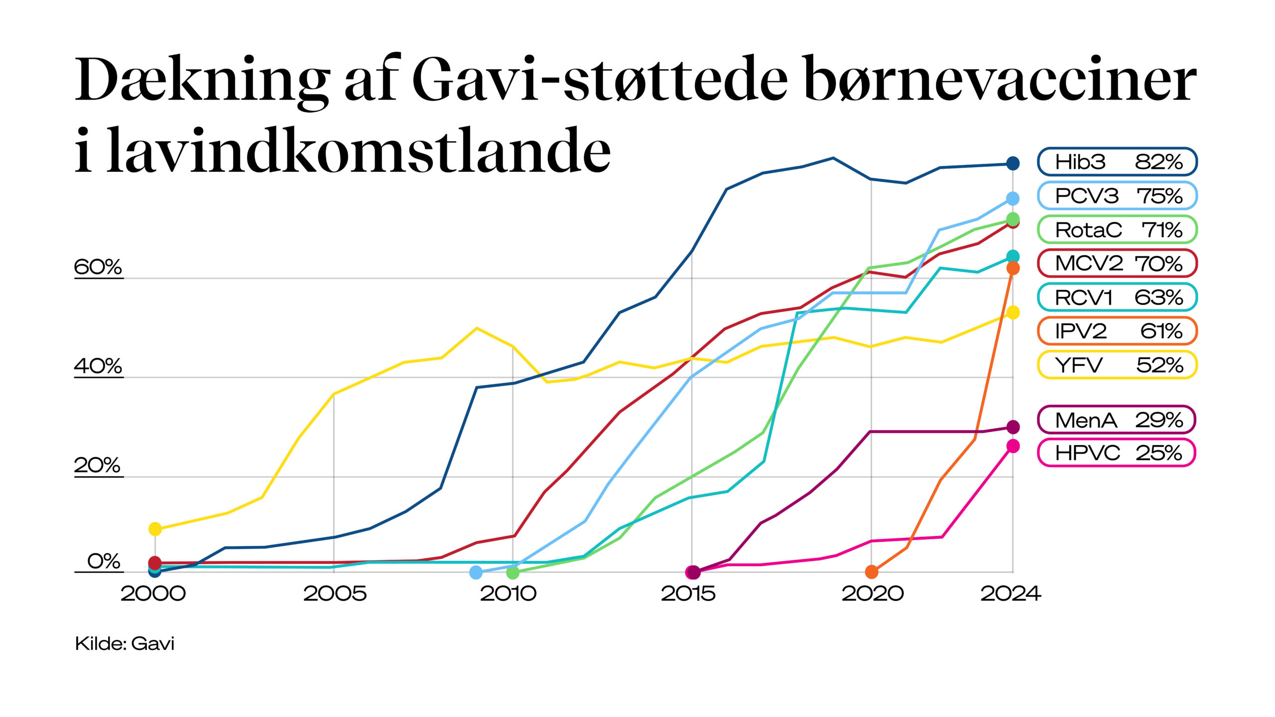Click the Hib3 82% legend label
pos(1117,162)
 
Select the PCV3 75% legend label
pos(1117,196)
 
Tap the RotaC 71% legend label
pos(1117,230)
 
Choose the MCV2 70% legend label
pos(1117,263)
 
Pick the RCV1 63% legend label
pos(1117,297)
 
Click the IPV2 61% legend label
pos(1117,331)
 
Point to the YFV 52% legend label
pos(1117,365)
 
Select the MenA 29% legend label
pos(1116,420)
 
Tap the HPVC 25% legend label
pos(1116,453)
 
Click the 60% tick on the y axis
pos(98,267)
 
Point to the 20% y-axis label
pos(98,466)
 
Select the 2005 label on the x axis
pos(335,594)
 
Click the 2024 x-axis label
pos(1011,594)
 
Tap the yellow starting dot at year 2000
pos(155,529)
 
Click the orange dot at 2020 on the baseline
pos(872,572)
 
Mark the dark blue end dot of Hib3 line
pos(1013,163)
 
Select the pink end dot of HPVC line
pos(1013,446)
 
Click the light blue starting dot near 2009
pos(476,573)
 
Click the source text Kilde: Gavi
pos(125,644)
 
